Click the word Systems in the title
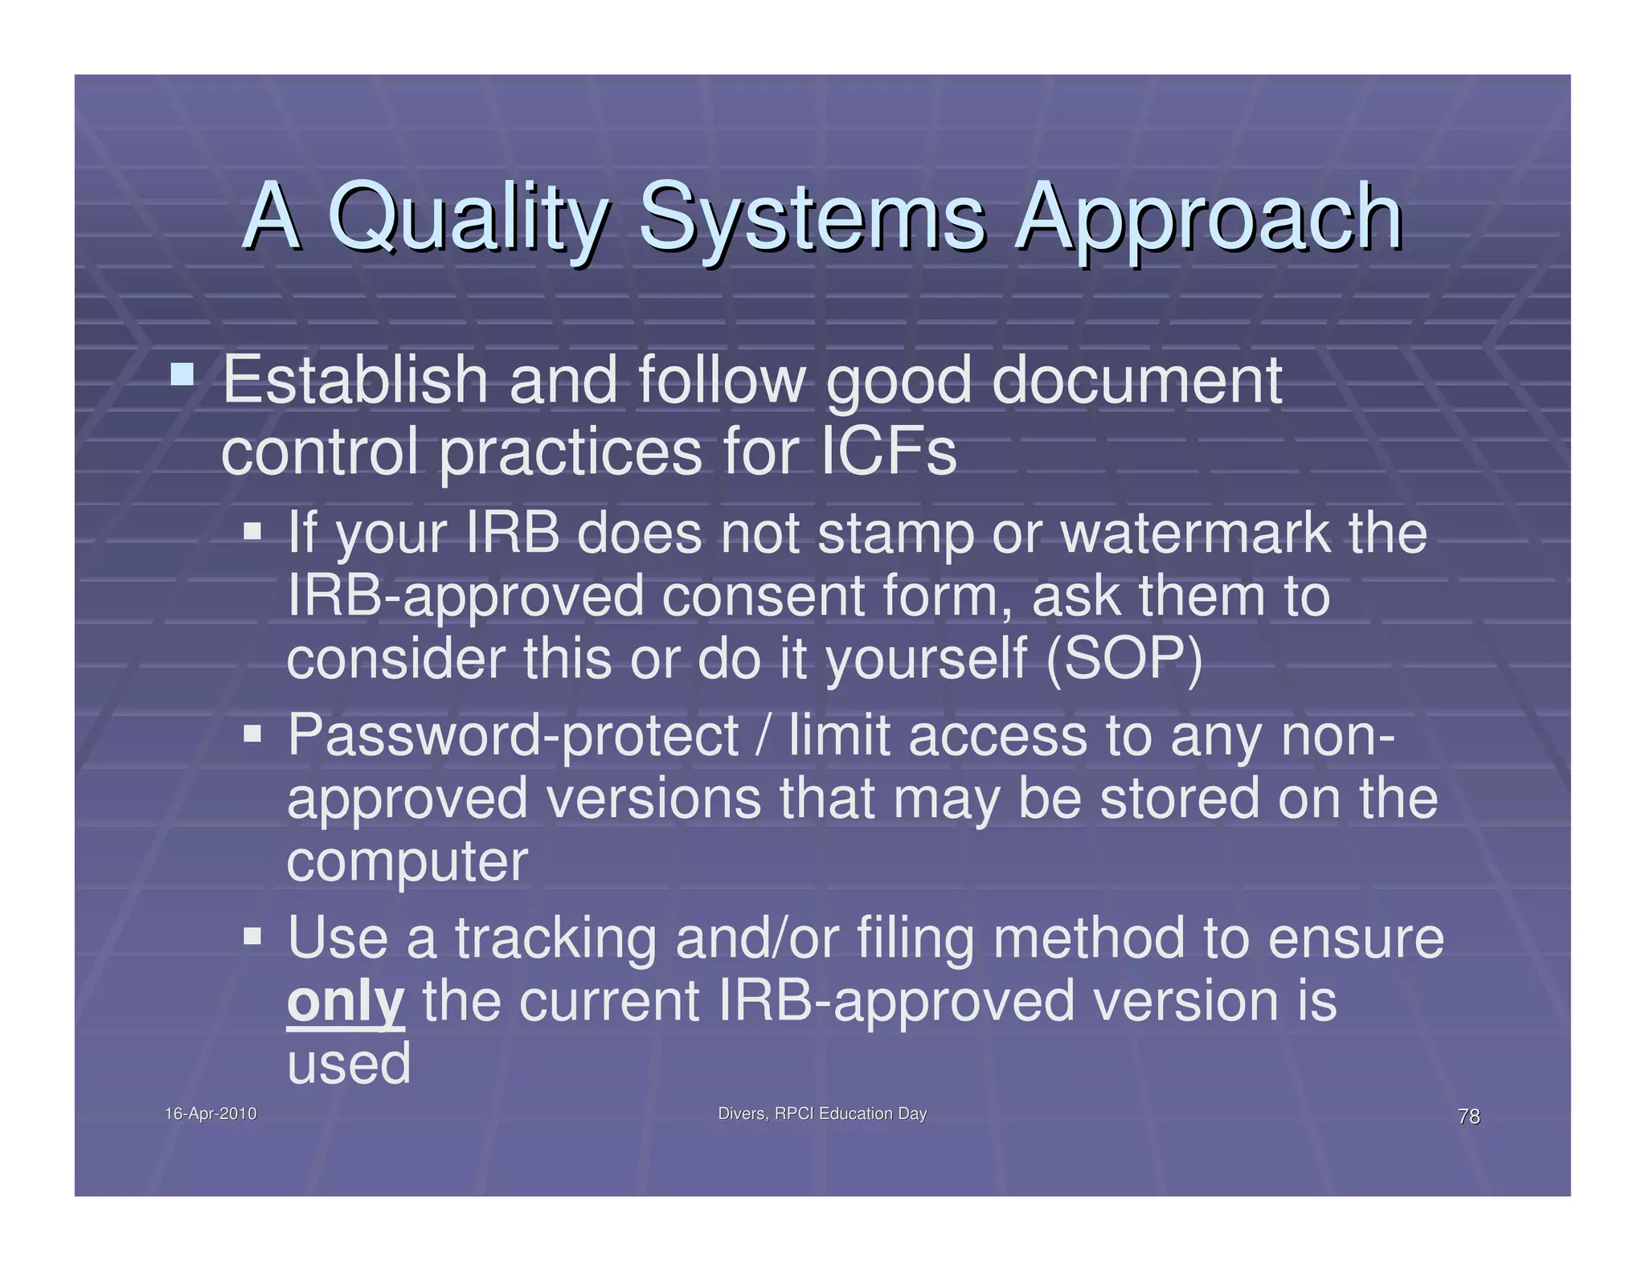point(812,217)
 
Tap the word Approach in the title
point(1208,217)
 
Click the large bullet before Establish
point(182,374)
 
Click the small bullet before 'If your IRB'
point(252,531)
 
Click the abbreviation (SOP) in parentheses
point(1124,659)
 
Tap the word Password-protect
point(513,736)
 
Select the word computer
point(407,863)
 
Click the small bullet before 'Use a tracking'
point(252,936)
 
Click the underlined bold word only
point(346,1002)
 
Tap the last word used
point(349,1064)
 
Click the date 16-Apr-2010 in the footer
point(211,1114)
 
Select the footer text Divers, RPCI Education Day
point(822,1114)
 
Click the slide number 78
point(1468,1116)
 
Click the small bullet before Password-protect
point(252,734)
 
